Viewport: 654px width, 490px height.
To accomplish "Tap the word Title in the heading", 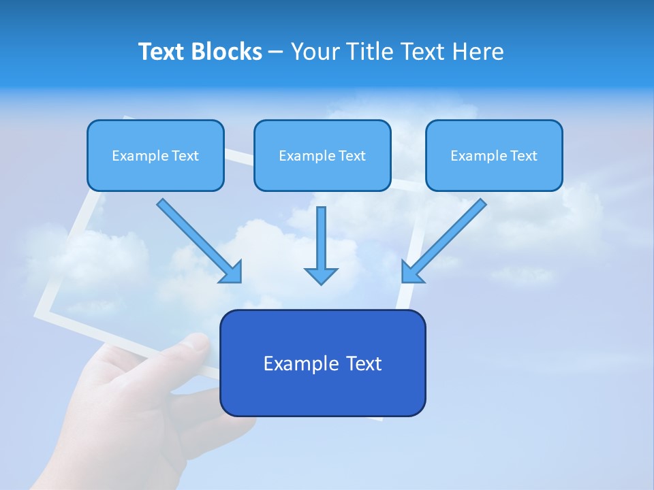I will tap(369, 52).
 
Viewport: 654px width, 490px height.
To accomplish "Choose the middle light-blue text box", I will tap(322, 174).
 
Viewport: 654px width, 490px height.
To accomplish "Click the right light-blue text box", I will tap(494, 174).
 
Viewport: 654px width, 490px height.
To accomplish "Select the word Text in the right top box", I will tap(523, 156).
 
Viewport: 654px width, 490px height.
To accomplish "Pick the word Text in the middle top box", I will tap(352, 156).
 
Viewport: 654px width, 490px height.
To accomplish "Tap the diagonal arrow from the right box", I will tap(446, 238).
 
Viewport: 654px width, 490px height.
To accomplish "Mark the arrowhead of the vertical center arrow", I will tap(321, 276).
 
